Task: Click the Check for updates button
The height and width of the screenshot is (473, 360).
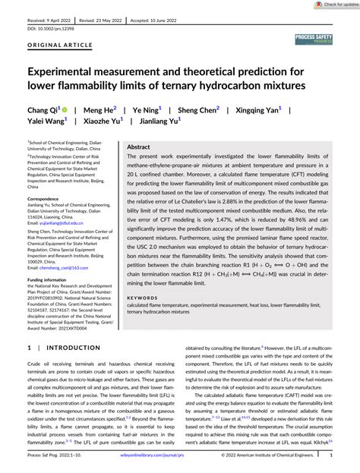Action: tap(332, 5)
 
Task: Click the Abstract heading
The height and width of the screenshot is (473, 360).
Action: tap(138, 147)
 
